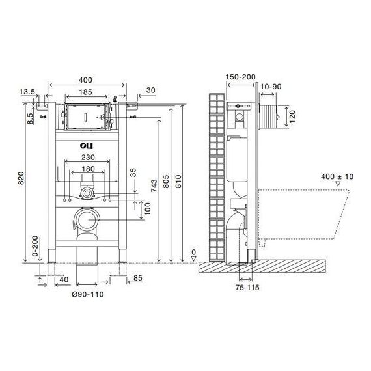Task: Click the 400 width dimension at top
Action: pos(85,80)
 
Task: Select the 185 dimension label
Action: pos(85,92)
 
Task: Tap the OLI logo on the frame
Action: pos(87,146)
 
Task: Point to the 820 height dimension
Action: pos(21,178)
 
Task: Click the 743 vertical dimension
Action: pos(154,185)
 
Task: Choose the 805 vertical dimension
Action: pos(166,182)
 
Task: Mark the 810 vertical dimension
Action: pos(178,182)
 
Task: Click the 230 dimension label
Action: pos(88,157)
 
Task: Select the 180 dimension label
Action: pos(88,169)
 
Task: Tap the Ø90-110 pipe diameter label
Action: pos(88,294)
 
